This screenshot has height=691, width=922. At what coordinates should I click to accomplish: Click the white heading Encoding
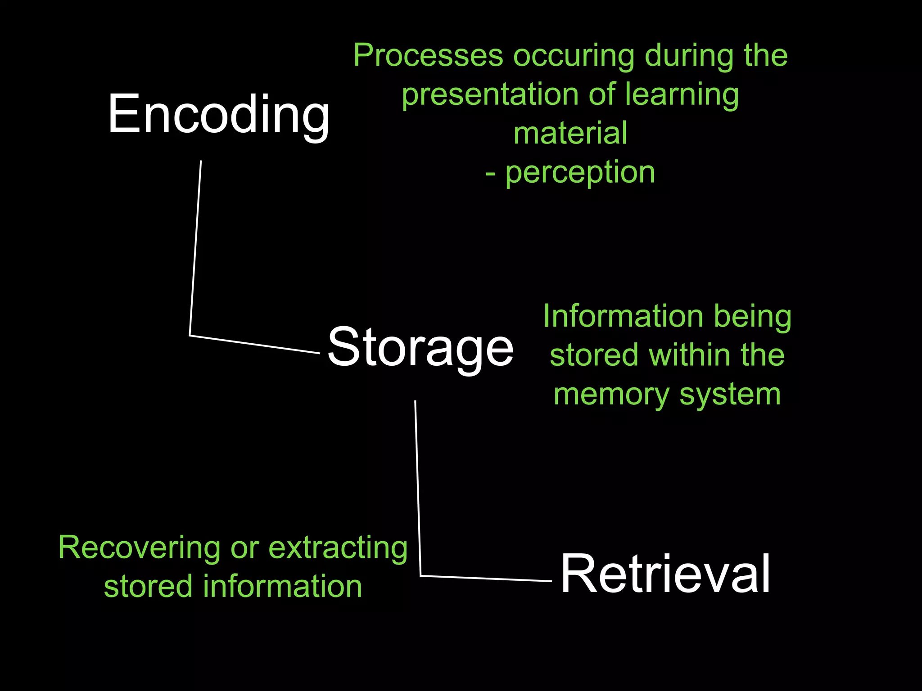tap(219, 114)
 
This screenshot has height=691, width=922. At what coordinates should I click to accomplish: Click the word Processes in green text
tap(428, 56)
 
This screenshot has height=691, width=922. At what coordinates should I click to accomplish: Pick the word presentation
tap(489, 95)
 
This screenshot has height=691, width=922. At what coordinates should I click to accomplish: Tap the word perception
tap(580, 173)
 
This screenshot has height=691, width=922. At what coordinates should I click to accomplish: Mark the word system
tap(730, 395)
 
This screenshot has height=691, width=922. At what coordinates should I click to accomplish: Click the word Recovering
tap(140, 548)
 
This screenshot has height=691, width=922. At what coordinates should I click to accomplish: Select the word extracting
tap(338, 548)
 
